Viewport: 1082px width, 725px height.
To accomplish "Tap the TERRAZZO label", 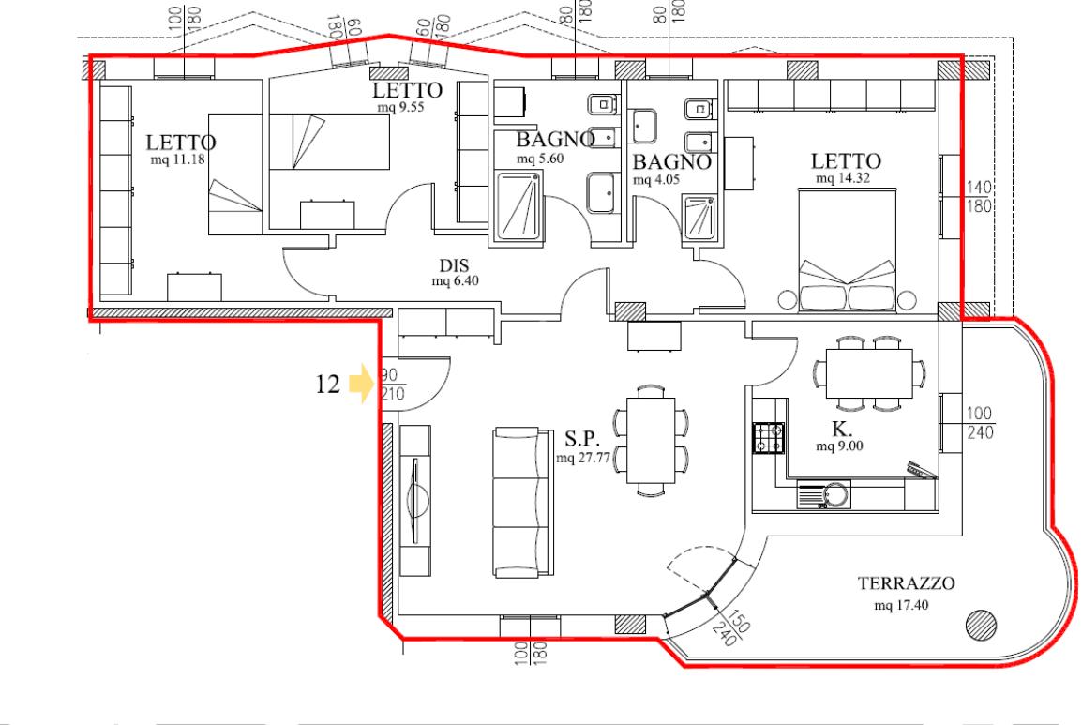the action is click(906, 583).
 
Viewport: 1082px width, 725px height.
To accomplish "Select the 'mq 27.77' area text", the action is click(583, 457).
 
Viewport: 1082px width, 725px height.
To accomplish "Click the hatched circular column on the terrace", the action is click(981, 626).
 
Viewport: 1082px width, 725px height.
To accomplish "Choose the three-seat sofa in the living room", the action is click(523, 502).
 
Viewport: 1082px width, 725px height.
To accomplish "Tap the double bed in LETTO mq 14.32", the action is click(848, 249).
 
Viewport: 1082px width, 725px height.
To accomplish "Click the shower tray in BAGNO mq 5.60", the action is click(518, 205).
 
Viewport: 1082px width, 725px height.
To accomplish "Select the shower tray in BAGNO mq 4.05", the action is click(699, 217).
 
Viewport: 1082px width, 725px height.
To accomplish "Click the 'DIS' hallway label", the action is click(454, 265).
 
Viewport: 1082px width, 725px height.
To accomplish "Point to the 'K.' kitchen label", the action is click(841, 429).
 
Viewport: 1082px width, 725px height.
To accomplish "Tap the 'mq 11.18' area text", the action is click(177, 159).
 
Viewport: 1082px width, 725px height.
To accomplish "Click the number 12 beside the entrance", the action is click(328, 384).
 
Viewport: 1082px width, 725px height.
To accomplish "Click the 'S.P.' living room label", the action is click(581, 438).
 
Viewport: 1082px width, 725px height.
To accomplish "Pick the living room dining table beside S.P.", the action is click(651, 440).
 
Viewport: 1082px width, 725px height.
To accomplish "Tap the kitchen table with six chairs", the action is click(869, 373).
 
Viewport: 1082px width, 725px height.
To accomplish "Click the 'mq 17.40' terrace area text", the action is click(901, 606).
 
